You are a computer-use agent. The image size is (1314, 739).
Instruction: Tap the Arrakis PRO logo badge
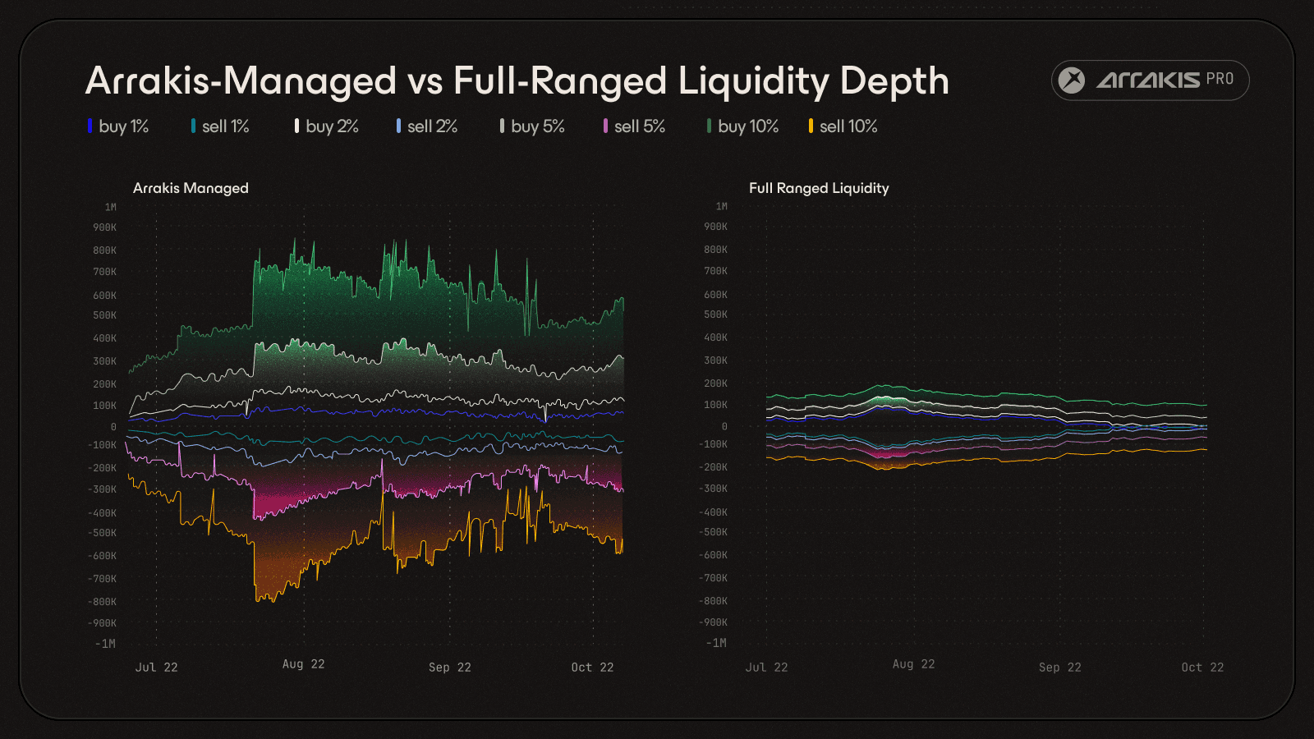tap(1150, 80)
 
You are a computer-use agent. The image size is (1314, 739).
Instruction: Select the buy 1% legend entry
tap(119, 126)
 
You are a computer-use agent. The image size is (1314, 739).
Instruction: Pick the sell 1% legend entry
tap(221, 126)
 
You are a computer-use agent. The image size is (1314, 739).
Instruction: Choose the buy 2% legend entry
tap(328, 126)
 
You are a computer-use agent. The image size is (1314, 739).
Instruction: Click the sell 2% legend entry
tap(428, 126)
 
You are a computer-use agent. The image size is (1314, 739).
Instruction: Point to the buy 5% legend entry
tap(533, 126)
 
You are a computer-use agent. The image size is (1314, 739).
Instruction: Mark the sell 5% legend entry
tap(635, 126)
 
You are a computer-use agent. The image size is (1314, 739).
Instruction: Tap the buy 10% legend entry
tap(743, 126)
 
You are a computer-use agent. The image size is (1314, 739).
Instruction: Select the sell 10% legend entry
tap(843, 126)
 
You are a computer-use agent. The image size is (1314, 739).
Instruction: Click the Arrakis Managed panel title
tap(191, 188)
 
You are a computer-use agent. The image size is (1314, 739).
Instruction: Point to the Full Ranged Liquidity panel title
tap(819, 188)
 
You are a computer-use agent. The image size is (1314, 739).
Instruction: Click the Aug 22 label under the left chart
tap(304, 664)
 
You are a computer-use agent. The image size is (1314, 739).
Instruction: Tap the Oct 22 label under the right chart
tap(1202, 668)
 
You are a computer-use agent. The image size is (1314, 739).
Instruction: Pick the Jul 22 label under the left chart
tap(156, 668)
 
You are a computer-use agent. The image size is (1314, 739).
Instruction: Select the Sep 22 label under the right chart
tap(1059, 668)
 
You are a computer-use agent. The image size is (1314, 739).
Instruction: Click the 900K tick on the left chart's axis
tap(105, 227)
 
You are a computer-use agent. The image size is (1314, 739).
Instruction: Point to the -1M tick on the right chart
tap(716, 643)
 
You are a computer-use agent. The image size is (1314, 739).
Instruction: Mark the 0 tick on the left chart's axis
tap(113, 427)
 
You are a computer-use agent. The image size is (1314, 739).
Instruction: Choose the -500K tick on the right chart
tap(713, 532)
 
